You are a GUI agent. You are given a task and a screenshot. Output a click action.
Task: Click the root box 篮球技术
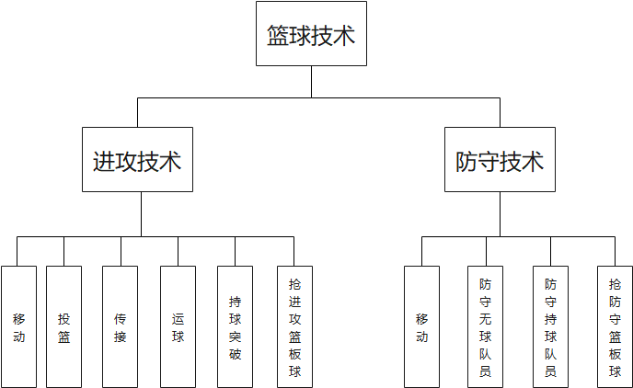311,34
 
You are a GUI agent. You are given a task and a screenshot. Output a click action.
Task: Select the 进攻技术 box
137,160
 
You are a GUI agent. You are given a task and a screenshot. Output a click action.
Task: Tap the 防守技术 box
500,160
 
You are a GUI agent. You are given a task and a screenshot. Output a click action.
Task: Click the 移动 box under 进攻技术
18,326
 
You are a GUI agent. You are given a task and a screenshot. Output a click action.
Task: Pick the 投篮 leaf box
63,326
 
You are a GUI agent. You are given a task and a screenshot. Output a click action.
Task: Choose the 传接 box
120,326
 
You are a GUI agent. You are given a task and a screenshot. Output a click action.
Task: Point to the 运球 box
178,326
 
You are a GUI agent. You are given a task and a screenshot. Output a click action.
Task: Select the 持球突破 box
235,326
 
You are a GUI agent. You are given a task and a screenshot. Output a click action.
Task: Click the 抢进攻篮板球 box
294,326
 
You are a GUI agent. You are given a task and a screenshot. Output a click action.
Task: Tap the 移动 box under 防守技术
421,326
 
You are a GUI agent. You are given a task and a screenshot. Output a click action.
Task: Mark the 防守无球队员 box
485,326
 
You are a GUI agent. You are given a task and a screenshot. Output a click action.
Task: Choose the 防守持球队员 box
550,326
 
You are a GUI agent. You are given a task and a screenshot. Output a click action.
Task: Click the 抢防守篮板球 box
615,326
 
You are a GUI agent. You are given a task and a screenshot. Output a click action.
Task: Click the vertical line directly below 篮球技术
311,81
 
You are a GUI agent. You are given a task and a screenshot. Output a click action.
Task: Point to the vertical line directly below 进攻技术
141,213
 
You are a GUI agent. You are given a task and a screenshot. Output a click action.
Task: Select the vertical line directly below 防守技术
500,213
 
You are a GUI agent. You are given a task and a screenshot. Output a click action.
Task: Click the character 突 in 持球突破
236,336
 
